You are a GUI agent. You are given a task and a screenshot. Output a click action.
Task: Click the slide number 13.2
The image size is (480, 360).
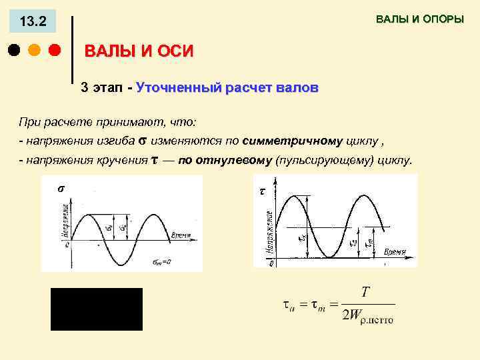(x=33, y=22)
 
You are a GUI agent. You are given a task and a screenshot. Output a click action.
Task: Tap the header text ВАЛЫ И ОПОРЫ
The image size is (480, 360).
(x=419, y=19)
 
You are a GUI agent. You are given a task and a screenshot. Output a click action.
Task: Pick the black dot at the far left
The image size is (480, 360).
(x=14, y=51)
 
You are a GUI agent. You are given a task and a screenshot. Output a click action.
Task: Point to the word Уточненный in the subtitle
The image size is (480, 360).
(x=176, y=88)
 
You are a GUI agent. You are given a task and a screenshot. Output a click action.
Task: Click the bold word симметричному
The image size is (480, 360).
(x=293, y=141)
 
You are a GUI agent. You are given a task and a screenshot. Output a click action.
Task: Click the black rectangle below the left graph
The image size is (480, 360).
(x=97, y=309)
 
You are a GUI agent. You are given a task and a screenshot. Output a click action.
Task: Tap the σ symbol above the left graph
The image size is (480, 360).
(x=61, y=188)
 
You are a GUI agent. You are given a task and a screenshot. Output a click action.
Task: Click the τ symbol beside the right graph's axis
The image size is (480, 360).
(x=261, y=191)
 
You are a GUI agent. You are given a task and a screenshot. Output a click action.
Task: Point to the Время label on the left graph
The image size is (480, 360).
(x=181, y=235)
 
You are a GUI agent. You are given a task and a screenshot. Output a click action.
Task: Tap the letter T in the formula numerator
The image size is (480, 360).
(x=365, y=293)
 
